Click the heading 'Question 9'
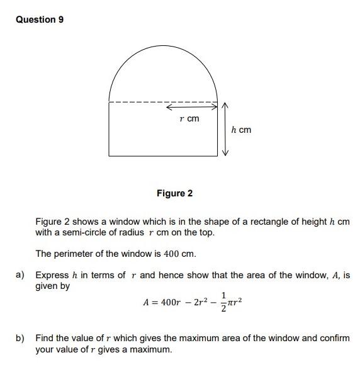[x=40, y=20]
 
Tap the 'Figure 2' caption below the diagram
[x=174, y=193]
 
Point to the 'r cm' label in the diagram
[x=189, y=118]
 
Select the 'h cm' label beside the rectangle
[x=240, y=130]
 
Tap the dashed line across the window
[x=138, y=103]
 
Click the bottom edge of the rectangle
[x=164, y=155]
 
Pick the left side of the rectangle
[x=110, y=129]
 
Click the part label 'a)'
[x=20, y=275]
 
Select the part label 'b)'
[x=20, y=338]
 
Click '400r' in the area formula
[x=170, y=303]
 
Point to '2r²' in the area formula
[x=198, y=303]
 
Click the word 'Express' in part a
[x=52, y=275]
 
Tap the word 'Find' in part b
[x=45, y=338]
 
